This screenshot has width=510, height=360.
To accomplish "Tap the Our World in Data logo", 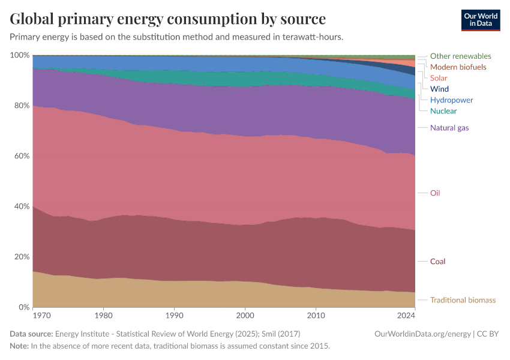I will [481, 20].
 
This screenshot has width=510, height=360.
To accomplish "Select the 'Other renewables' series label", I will [460, 56].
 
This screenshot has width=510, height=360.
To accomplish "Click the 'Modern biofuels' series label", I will [458, 67].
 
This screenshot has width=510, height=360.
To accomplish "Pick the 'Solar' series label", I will [439, 78].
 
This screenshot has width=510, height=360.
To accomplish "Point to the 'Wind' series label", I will [439, 89].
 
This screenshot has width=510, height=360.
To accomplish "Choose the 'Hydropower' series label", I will [451, 100].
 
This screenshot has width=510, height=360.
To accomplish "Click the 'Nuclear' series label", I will [443, 111].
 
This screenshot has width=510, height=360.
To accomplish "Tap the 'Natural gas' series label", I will [449, 128].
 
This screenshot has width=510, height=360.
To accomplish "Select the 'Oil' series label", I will [435, 193].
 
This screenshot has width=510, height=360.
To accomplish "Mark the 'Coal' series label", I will [437, 262].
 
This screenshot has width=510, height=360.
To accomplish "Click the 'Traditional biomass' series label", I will [463, 300].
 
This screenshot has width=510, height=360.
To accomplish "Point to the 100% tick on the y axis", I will [19, 55].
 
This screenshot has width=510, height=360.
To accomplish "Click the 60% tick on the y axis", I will [21, 156].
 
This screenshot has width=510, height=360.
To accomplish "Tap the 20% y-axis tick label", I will [21, 257].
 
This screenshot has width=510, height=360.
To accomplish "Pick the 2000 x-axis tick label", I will [245, 314].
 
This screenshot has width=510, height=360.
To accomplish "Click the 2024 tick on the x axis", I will [406, 314].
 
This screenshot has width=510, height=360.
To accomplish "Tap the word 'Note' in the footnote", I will [19, 346].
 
